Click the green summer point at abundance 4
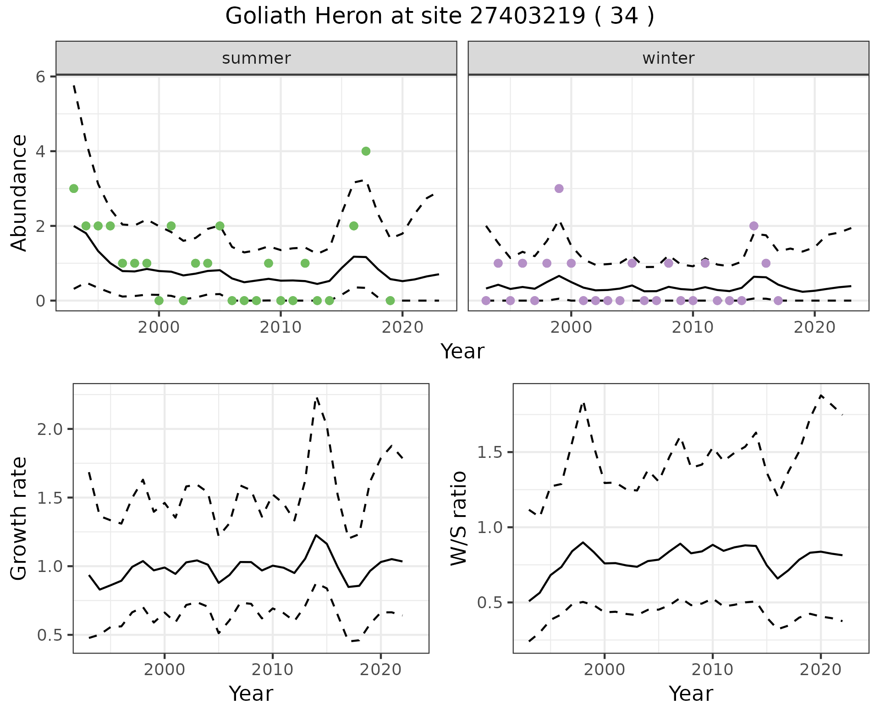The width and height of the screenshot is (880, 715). (366, 151)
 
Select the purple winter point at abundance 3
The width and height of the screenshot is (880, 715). (559, 188)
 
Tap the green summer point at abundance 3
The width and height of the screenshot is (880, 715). (74, 188)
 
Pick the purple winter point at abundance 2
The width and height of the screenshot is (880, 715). (754, 226)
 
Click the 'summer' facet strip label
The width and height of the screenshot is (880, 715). (256, 58)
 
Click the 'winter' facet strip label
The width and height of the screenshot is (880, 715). (668, 58)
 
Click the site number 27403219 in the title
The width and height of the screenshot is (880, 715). (528, 16)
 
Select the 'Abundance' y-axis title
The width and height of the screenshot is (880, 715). (19, 193)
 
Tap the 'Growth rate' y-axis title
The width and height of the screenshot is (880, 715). (19, 518)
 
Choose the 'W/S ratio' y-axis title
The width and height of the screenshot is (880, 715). (459, 518)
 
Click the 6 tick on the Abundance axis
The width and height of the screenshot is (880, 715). (41, 77)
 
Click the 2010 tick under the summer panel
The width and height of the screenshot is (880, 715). (280, 328)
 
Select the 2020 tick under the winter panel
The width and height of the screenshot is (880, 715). (814, 328)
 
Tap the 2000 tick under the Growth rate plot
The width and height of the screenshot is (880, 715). (165, 670)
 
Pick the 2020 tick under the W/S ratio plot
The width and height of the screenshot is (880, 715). (820, 670)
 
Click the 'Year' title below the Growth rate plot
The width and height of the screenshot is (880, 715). (251, 693)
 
